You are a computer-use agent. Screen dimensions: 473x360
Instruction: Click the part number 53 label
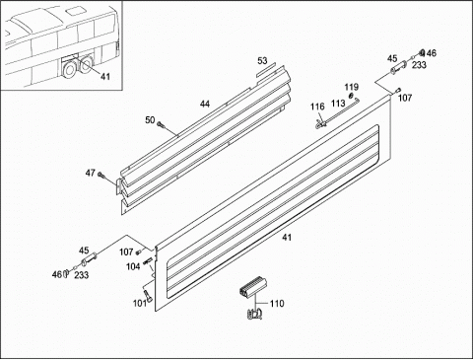pyautogui.click(x=262, y=61)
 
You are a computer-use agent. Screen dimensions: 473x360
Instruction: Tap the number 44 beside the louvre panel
pyautogui.click(x=205, y=104)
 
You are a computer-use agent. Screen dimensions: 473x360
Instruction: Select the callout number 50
pyautogui.click(x=150, y=120)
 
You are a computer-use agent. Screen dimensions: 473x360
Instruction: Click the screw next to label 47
pyautogui.click(x=101, y=175)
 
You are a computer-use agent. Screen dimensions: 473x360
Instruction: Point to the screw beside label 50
pyautogui.click(x=161, y=124)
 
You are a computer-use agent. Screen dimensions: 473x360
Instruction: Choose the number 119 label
pyautogui.click(x=351, y=87)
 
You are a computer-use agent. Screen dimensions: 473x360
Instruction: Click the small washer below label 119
pyautogui.click(x=351, y=96)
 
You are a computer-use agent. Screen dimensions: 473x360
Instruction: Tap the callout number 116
pyautogui.click(x=317, y=107)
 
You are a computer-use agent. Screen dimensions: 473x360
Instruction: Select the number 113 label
pyautogui.click(x=338, y=104)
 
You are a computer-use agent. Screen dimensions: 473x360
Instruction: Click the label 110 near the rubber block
pyautogui.click(x=277, y=303)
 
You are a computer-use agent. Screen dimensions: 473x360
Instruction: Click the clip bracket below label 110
pyautogui.click(x=254, y=314)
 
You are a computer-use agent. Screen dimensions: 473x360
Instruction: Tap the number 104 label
pyautogui.click(x=133, y=266)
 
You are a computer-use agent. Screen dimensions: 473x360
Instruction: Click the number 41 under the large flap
pyautogui.click(x=287, y=237)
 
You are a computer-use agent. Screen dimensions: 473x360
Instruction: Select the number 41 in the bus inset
pyautogui.click(x=105, y=77)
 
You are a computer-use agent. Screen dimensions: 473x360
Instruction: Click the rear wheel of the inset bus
pyautogui.click(x=87, y=64)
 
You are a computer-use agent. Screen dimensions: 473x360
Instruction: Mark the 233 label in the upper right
pyautogui.click(x=419, y=65)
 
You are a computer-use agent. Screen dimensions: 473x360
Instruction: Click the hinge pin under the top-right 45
pyautogui.click(x=398, y=68)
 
